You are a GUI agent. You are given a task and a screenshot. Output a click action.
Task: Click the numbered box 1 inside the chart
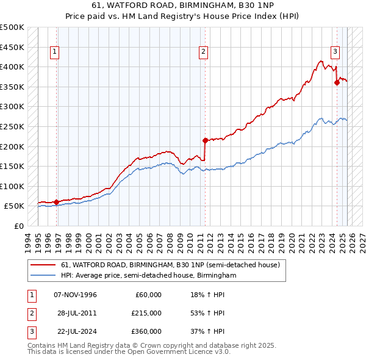(55, 52)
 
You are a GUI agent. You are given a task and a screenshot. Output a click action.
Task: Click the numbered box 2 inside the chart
(203, 52)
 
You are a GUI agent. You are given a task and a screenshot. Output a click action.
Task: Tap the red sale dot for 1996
(56, 202)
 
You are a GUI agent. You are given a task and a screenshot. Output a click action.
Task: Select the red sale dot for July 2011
(205, 140)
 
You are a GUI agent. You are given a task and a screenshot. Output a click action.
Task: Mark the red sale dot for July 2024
(337, 82)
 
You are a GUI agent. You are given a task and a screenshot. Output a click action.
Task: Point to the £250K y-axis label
(13, 126)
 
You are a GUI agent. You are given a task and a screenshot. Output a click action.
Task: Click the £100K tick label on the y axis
(13, 186)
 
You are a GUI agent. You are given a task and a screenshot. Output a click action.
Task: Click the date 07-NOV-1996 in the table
(75, 295)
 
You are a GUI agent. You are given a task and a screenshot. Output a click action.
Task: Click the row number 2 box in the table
(32, 314)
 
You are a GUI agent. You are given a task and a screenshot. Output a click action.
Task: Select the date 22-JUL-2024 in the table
(75, 331)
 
